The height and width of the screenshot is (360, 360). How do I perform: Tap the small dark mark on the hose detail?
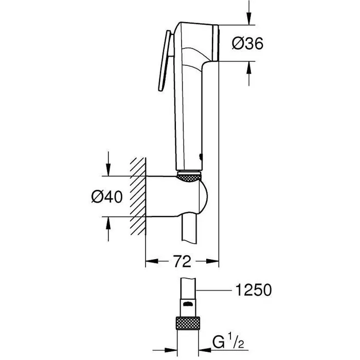pyautogui.click(x=189, y=304)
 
